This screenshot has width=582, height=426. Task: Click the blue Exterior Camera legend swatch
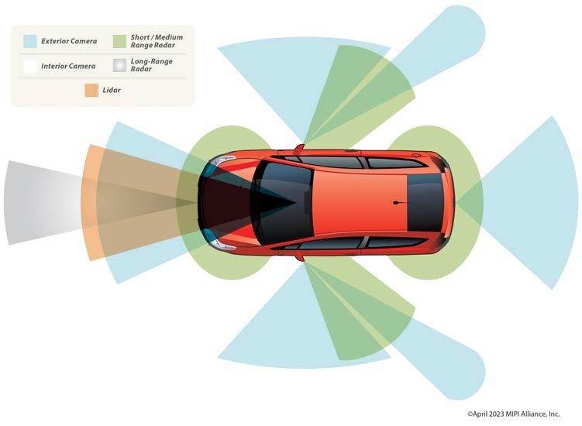pyautogui.click(x=30, y=41)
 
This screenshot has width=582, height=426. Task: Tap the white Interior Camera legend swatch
pyautogui.click(x=30, y=67)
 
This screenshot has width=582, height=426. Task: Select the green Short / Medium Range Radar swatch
pyautogui.click(x=119, y=41)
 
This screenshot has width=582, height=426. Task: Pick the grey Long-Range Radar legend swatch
pyautogui.click(x=119, y=67)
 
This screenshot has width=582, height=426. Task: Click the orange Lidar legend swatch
pyautogui.click(x=91, y=91)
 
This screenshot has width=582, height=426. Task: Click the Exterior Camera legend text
pyautogui.click(x=69, y=41)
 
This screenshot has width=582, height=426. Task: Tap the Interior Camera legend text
pyautogui.click(x=70, y=67)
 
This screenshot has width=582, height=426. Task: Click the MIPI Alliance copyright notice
pyautogui.click(x=524, y=414)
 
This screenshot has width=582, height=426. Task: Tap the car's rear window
pyautogui.click(x=425, y=202)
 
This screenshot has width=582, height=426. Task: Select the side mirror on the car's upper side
pyautogui.click(x=298, y=148)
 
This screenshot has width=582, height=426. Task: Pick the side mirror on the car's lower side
pyautogui.click(x=299, y=256)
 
